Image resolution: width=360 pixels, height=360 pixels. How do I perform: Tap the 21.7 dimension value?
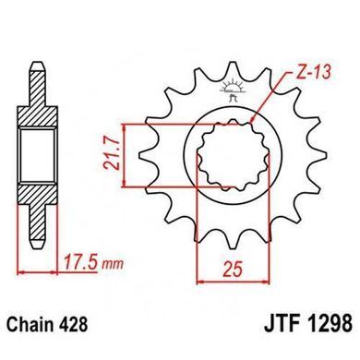tap(112, 155)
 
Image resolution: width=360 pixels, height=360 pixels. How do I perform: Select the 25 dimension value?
tap(234, 270)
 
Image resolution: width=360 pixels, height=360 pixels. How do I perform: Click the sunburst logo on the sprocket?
tap(233, 87)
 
